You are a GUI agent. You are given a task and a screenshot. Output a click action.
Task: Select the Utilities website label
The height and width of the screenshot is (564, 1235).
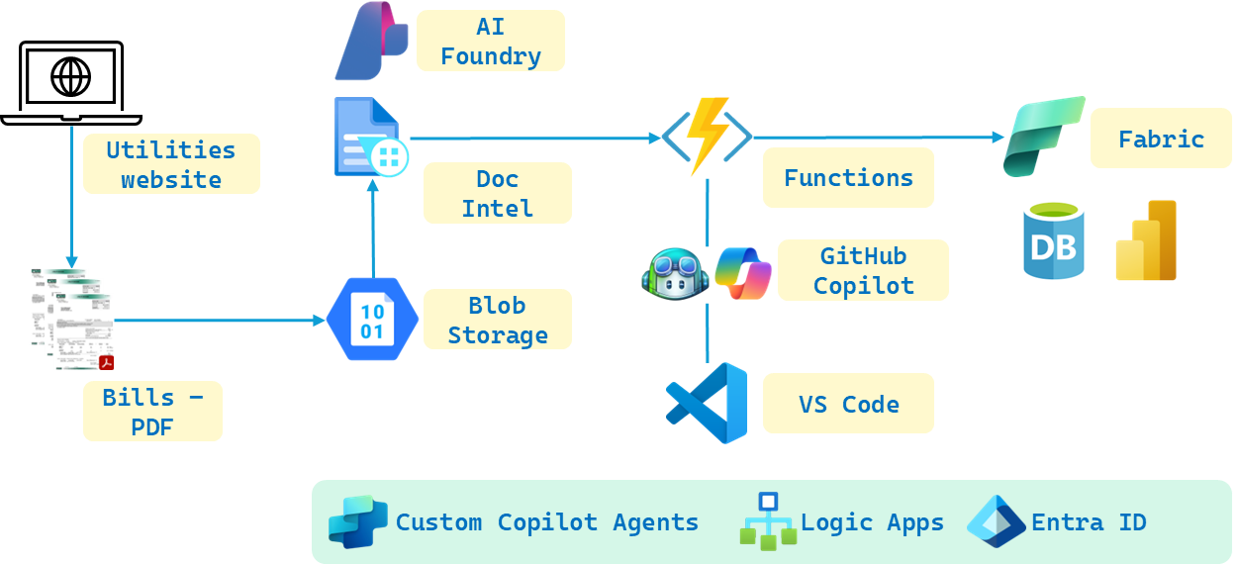(x=171, y=164)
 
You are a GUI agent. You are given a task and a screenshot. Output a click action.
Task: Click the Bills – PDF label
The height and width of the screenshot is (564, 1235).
(x=152, y=412)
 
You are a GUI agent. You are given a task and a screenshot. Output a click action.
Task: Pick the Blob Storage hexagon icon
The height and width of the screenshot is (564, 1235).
(x=372, y=320)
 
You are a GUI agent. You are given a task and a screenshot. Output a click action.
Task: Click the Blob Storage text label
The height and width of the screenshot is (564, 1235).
(x=498, y=320)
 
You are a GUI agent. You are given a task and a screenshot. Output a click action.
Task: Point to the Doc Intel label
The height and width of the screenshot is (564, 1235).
(x=498, y=193)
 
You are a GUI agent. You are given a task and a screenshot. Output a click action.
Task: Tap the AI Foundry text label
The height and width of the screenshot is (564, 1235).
(x=491, y=42)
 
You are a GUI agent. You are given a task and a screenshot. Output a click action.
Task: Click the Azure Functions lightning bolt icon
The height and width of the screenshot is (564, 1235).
(x=707, y=136)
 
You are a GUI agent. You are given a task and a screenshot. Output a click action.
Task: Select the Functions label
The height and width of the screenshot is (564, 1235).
(x=848, y=178)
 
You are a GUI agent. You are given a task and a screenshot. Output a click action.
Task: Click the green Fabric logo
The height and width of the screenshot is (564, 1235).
(x=1044, y=137)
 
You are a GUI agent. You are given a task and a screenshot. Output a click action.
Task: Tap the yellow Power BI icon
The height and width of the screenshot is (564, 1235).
(x=1146, y=240)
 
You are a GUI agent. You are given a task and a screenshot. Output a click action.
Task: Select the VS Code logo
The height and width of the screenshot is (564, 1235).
(x=707, y=403)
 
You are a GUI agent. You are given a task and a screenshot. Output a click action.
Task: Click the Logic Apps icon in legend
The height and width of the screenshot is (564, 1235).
(x=768, y=521)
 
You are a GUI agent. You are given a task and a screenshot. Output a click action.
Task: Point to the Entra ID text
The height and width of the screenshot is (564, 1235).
(x=1089, y=521)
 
